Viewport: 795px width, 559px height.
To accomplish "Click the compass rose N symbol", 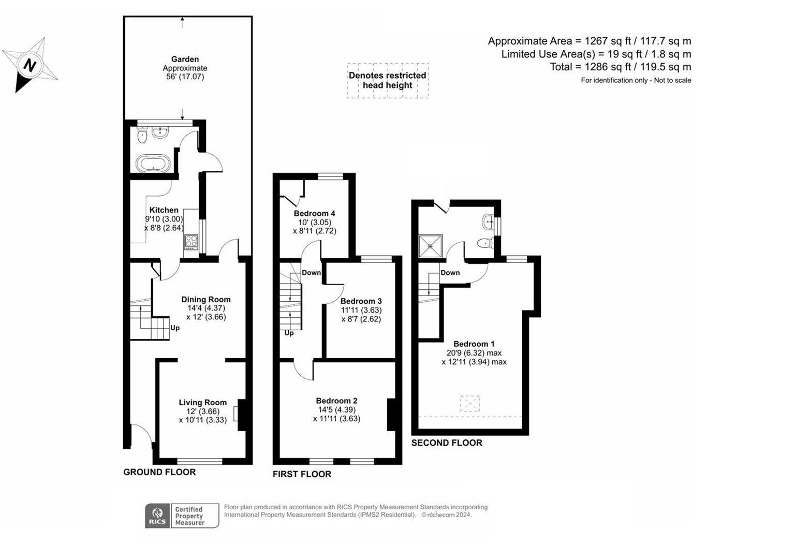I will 30,65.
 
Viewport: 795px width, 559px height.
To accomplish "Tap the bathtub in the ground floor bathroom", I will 153,163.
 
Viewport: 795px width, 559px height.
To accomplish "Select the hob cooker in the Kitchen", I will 191,242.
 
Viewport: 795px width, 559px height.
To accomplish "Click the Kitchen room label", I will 164,210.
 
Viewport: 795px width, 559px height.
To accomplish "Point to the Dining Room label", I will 205,299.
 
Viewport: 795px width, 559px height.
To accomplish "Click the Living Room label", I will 202,402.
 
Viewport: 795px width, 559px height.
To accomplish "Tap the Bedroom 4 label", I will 314,213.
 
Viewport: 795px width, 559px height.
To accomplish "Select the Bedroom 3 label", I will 361,301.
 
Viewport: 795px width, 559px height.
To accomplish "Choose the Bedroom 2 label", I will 336,401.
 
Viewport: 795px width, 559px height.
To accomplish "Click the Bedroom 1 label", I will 474,344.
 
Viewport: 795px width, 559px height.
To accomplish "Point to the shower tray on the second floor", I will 431,246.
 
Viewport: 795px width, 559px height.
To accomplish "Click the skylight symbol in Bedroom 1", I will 469,404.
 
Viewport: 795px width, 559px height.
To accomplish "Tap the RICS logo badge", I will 157,516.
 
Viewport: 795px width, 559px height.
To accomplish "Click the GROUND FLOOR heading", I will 159,472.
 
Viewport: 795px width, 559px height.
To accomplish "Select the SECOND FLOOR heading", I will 447,443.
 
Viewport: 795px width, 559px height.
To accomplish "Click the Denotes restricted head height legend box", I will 387,80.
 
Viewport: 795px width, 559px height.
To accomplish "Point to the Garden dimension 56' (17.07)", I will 185,77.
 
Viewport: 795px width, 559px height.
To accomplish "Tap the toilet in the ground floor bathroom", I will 142,136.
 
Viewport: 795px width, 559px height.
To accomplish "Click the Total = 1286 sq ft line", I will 620,67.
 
